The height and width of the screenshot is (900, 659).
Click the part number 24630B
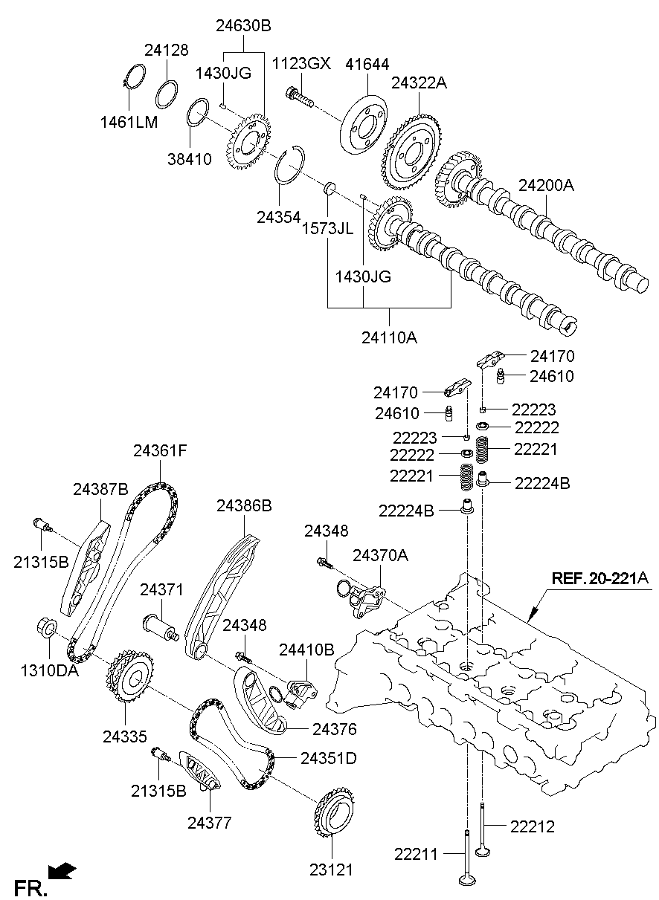pyautogui.click(x=244, y=26)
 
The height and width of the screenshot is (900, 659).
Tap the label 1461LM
pyautogui.click(x=129, y=122)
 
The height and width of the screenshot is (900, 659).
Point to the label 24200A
pyautogui.click(x=546, y=185)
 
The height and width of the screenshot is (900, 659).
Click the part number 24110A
pyautogui.click(x=389, y=338)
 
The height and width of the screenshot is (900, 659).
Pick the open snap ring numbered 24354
pyautogui.click(x=290, y=165)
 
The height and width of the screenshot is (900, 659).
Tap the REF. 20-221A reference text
pyautogui.click(x=600, y=578)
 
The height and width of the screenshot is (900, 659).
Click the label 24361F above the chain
pyautogui.click(x=161, y=451)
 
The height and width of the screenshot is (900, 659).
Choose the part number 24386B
pyautogui.click(x=244, y=506)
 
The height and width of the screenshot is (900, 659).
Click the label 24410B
pyautogui.click(x=306, y=650)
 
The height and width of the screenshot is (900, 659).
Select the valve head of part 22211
pyautogui.click(x=467, y=879)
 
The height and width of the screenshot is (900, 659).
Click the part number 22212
pyautogui.click(x=533, y=826)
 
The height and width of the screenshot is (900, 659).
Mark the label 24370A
pyautogui.click(x=380, y=556)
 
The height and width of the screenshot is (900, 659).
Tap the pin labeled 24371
pyautogui.click(x=161, y=628)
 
